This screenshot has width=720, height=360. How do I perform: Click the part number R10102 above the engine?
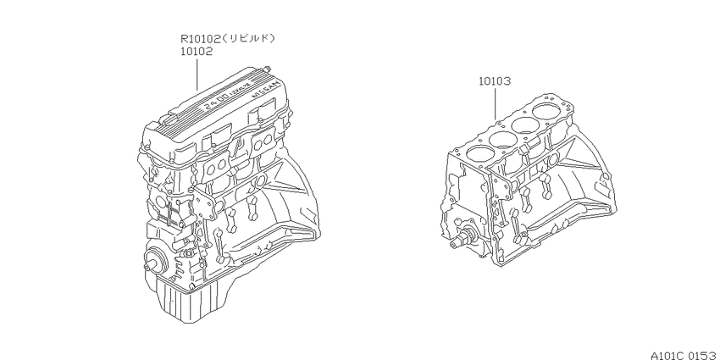[x=201, y=39]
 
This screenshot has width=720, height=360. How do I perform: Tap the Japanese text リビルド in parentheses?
[x=249, y=39]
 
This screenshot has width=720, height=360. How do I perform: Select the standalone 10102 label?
[x=196, y=52]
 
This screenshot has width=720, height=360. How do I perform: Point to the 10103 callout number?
[x=495, y=81]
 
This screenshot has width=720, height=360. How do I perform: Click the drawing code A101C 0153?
[x=684, y=356]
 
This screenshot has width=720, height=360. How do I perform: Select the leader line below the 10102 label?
[x=197, y=74]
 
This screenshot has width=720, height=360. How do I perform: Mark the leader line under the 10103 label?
[x=495, y=104]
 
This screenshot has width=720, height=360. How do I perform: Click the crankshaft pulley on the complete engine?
[x=155, y=260]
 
